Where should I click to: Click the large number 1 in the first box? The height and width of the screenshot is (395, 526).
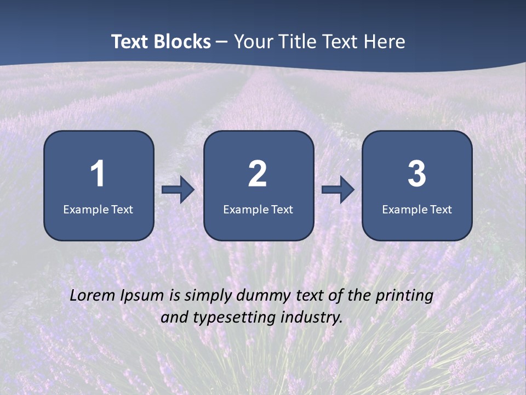(x=98, y=174)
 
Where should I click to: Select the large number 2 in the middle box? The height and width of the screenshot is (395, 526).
(x=258, y=174)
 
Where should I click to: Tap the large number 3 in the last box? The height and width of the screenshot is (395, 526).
(x=417, y=174)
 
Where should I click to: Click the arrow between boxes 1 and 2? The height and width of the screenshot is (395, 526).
(x=178, y=190)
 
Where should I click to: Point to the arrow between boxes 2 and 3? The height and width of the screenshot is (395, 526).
(x=338, y=190)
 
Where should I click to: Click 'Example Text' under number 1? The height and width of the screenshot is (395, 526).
(x=98, y=209)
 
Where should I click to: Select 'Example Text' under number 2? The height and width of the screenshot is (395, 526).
(x=258, y=209)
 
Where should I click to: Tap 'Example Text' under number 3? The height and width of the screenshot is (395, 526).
(x=417, y=209)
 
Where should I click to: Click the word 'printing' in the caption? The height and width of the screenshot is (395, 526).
(x=404, y=296)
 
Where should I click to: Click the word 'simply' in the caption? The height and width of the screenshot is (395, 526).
(x=209, y=296)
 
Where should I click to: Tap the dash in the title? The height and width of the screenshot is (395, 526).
(x=222, y=42)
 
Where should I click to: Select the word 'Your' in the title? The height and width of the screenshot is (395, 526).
(x=253, y=42)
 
